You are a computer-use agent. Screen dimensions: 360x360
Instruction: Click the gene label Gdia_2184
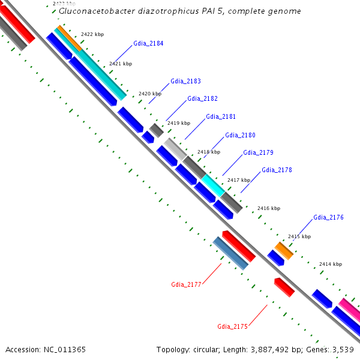coord(148,44)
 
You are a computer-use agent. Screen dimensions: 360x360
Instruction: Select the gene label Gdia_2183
coord(185,81)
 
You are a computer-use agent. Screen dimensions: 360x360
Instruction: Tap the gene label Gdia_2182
coord(202,98)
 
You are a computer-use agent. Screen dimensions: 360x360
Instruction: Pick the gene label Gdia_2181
coord(221,116)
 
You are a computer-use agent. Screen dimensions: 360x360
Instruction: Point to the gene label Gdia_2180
coord(240,135)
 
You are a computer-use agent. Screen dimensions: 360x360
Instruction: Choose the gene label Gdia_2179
coord(258,152)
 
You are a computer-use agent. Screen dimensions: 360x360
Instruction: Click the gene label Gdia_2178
coord(277,170)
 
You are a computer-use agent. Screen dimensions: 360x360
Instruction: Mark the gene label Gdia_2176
coord(328,217)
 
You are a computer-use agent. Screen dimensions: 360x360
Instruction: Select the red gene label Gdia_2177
coord(186,284)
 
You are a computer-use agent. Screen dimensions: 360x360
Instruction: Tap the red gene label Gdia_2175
coord(232,326)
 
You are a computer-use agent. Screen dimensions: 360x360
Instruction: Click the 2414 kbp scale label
coord(330,264)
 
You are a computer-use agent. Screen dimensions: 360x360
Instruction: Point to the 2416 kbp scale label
coord(268,208)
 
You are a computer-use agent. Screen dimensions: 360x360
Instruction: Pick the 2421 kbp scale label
coord(120,64)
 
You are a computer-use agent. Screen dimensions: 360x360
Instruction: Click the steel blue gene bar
coord(230,253)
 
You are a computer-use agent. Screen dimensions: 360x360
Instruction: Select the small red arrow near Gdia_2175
coord(284,287)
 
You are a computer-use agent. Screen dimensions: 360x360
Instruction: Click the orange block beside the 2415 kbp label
coord(284,251)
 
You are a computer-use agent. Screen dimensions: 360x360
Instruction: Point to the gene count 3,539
coord(343,349)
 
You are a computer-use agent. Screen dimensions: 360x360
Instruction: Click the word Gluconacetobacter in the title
coord(94,11)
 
